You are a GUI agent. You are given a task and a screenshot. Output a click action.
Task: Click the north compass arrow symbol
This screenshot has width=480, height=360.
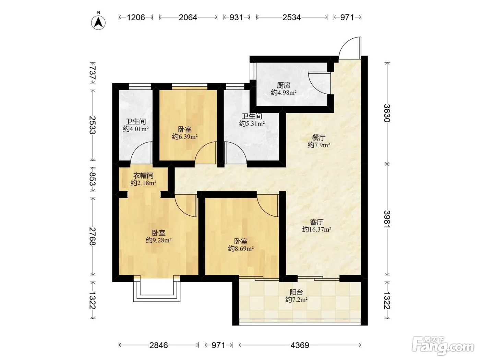(x=98, y=23)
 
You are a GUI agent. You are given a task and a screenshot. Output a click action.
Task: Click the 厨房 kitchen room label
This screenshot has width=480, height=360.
(x=284, y=85)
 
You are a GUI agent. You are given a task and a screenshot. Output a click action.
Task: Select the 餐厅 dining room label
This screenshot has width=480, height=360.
(x=319, y=137)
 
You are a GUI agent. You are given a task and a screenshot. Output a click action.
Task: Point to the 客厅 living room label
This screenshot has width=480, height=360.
(x=317, y=222)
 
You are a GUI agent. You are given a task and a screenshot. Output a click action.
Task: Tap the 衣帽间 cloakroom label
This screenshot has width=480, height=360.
(x=143, y=175)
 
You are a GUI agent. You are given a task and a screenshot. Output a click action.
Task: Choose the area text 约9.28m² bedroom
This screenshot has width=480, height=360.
(x=158, y=240)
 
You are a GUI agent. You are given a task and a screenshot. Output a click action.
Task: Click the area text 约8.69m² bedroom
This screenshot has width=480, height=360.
(x=241, y=249)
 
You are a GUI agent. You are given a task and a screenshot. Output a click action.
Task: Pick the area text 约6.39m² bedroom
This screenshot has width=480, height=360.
(x=185, y=137)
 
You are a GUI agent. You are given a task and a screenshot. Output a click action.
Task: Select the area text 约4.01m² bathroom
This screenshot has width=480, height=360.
(x=136, y=129)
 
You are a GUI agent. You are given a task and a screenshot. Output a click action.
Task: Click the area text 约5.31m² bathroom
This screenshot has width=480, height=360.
(x=252, y=124)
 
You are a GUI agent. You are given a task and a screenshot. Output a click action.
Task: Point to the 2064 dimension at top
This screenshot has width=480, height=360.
(x=188, y=17)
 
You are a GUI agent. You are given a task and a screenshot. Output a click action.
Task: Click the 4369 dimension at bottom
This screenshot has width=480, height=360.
(x=300, y=345)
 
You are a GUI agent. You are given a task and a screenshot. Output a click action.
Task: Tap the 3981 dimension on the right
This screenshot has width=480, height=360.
(x=387, y=219)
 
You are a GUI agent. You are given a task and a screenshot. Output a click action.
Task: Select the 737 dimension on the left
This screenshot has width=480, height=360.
(x=93, y=73)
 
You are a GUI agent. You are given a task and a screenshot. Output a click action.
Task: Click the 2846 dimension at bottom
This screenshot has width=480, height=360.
(x=158, y=345)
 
